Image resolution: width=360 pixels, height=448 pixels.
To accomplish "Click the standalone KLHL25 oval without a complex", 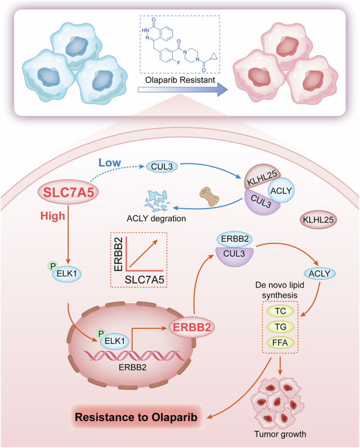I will click(318, 220).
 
